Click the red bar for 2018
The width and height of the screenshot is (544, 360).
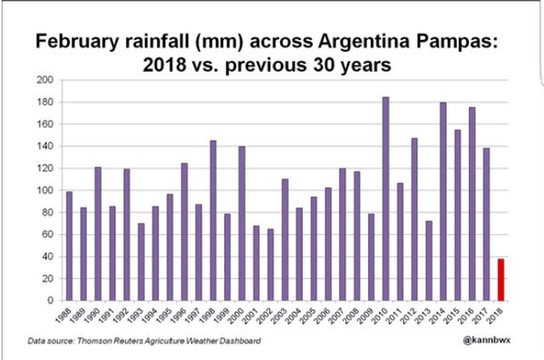500,279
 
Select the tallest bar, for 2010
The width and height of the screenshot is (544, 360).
385,199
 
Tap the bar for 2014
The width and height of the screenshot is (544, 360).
443,201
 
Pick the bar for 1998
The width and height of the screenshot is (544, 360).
213,220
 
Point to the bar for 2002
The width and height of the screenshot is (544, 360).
270,265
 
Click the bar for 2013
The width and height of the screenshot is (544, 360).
429,261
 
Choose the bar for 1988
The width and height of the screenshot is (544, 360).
70,246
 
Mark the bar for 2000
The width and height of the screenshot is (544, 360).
242,223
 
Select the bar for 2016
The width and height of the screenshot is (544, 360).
471,204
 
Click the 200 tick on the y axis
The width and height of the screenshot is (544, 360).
45,80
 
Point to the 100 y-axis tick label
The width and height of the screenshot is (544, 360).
45,190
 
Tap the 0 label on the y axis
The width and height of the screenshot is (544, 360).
50,300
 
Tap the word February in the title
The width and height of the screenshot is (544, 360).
78,43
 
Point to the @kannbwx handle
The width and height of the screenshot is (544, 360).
486,340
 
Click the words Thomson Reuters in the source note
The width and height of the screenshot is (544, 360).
110,341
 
